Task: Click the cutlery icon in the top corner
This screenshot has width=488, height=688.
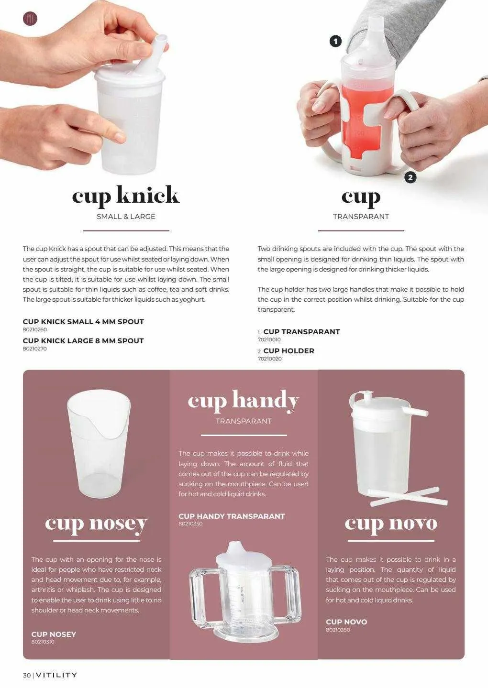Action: [x=30, y=19]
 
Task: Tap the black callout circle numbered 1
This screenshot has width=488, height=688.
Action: [x=335, y=41]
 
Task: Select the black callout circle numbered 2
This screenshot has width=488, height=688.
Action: [x=410, y=177]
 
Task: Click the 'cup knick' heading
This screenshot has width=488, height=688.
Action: [x=126, y=196]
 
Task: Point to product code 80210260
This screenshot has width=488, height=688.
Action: [x=35, y=329]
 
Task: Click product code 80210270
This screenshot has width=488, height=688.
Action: [x=35, y=349]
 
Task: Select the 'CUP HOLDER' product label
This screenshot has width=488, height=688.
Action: [x=288, y=351]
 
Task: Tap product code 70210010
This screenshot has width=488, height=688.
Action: [x=269, y=339]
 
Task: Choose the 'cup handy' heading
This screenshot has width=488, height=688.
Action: [x=244, y=401]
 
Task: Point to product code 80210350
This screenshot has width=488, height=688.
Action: [x=190, y=524]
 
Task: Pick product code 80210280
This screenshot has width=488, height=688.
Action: [x=338, y=630]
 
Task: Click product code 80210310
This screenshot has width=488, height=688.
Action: [x=43, y=642]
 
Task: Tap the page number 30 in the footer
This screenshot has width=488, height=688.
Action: [x=27, y=675]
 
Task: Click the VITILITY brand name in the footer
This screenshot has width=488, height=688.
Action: [x=56, y=675]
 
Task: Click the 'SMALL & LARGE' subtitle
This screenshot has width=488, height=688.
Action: [x=126, y=217]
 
